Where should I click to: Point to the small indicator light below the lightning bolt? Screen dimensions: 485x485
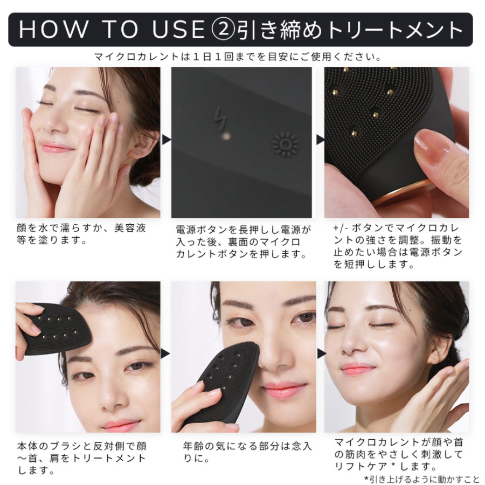click(227, 136)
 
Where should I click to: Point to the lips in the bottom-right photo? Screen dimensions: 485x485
click(357, 369)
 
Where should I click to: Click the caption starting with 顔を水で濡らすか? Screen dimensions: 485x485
click(81, 233)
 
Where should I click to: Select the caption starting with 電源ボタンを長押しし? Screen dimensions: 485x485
click(243, 241)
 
